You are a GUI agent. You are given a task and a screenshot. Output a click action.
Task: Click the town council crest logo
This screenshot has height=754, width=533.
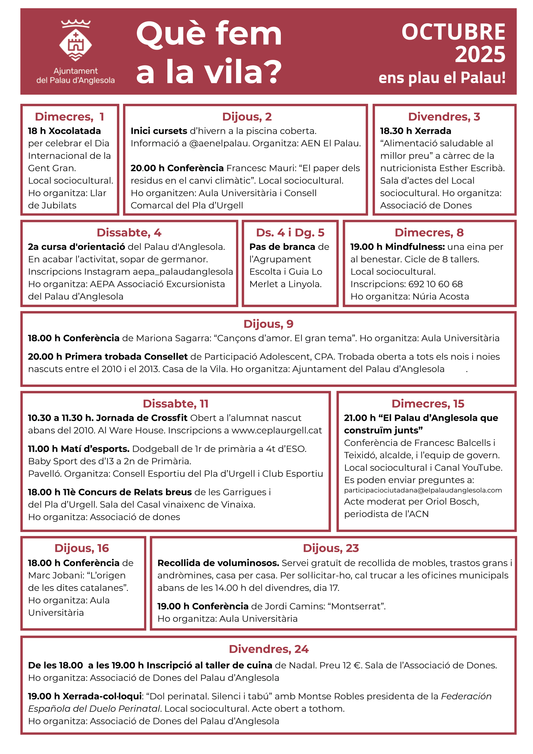tap(76, 41)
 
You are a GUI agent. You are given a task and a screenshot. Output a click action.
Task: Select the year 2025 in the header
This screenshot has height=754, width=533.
tap(479, 54)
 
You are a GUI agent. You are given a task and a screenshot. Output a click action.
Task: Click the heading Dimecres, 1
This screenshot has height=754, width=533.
tap(69, 117)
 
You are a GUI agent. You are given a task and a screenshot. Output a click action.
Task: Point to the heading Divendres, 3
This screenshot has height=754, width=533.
tap(444, 117)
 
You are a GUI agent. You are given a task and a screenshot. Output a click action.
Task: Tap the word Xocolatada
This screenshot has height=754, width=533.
tap(75, 131)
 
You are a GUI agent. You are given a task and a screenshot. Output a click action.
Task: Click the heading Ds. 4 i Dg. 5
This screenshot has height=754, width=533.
tap(290, 233)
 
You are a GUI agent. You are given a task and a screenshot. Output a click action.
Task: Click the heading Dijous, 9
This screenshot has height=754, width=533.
tap(268, 324)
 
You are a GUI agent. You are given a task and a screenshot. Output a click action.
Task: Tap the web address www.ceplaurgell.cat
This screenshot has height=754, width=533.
tap(276, 430)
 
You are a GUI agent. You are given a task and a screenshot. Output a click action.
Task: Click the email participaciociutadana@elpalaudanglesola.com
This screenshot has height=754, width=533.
tap(423, 490)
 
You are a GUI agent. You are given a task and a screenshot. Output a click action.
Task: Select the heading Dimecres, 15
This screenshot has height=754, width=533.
tap(428, 404)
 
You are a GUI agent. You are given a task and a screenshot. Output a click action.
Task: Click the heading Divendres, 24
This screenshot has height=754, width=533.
tap(268, 649)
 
